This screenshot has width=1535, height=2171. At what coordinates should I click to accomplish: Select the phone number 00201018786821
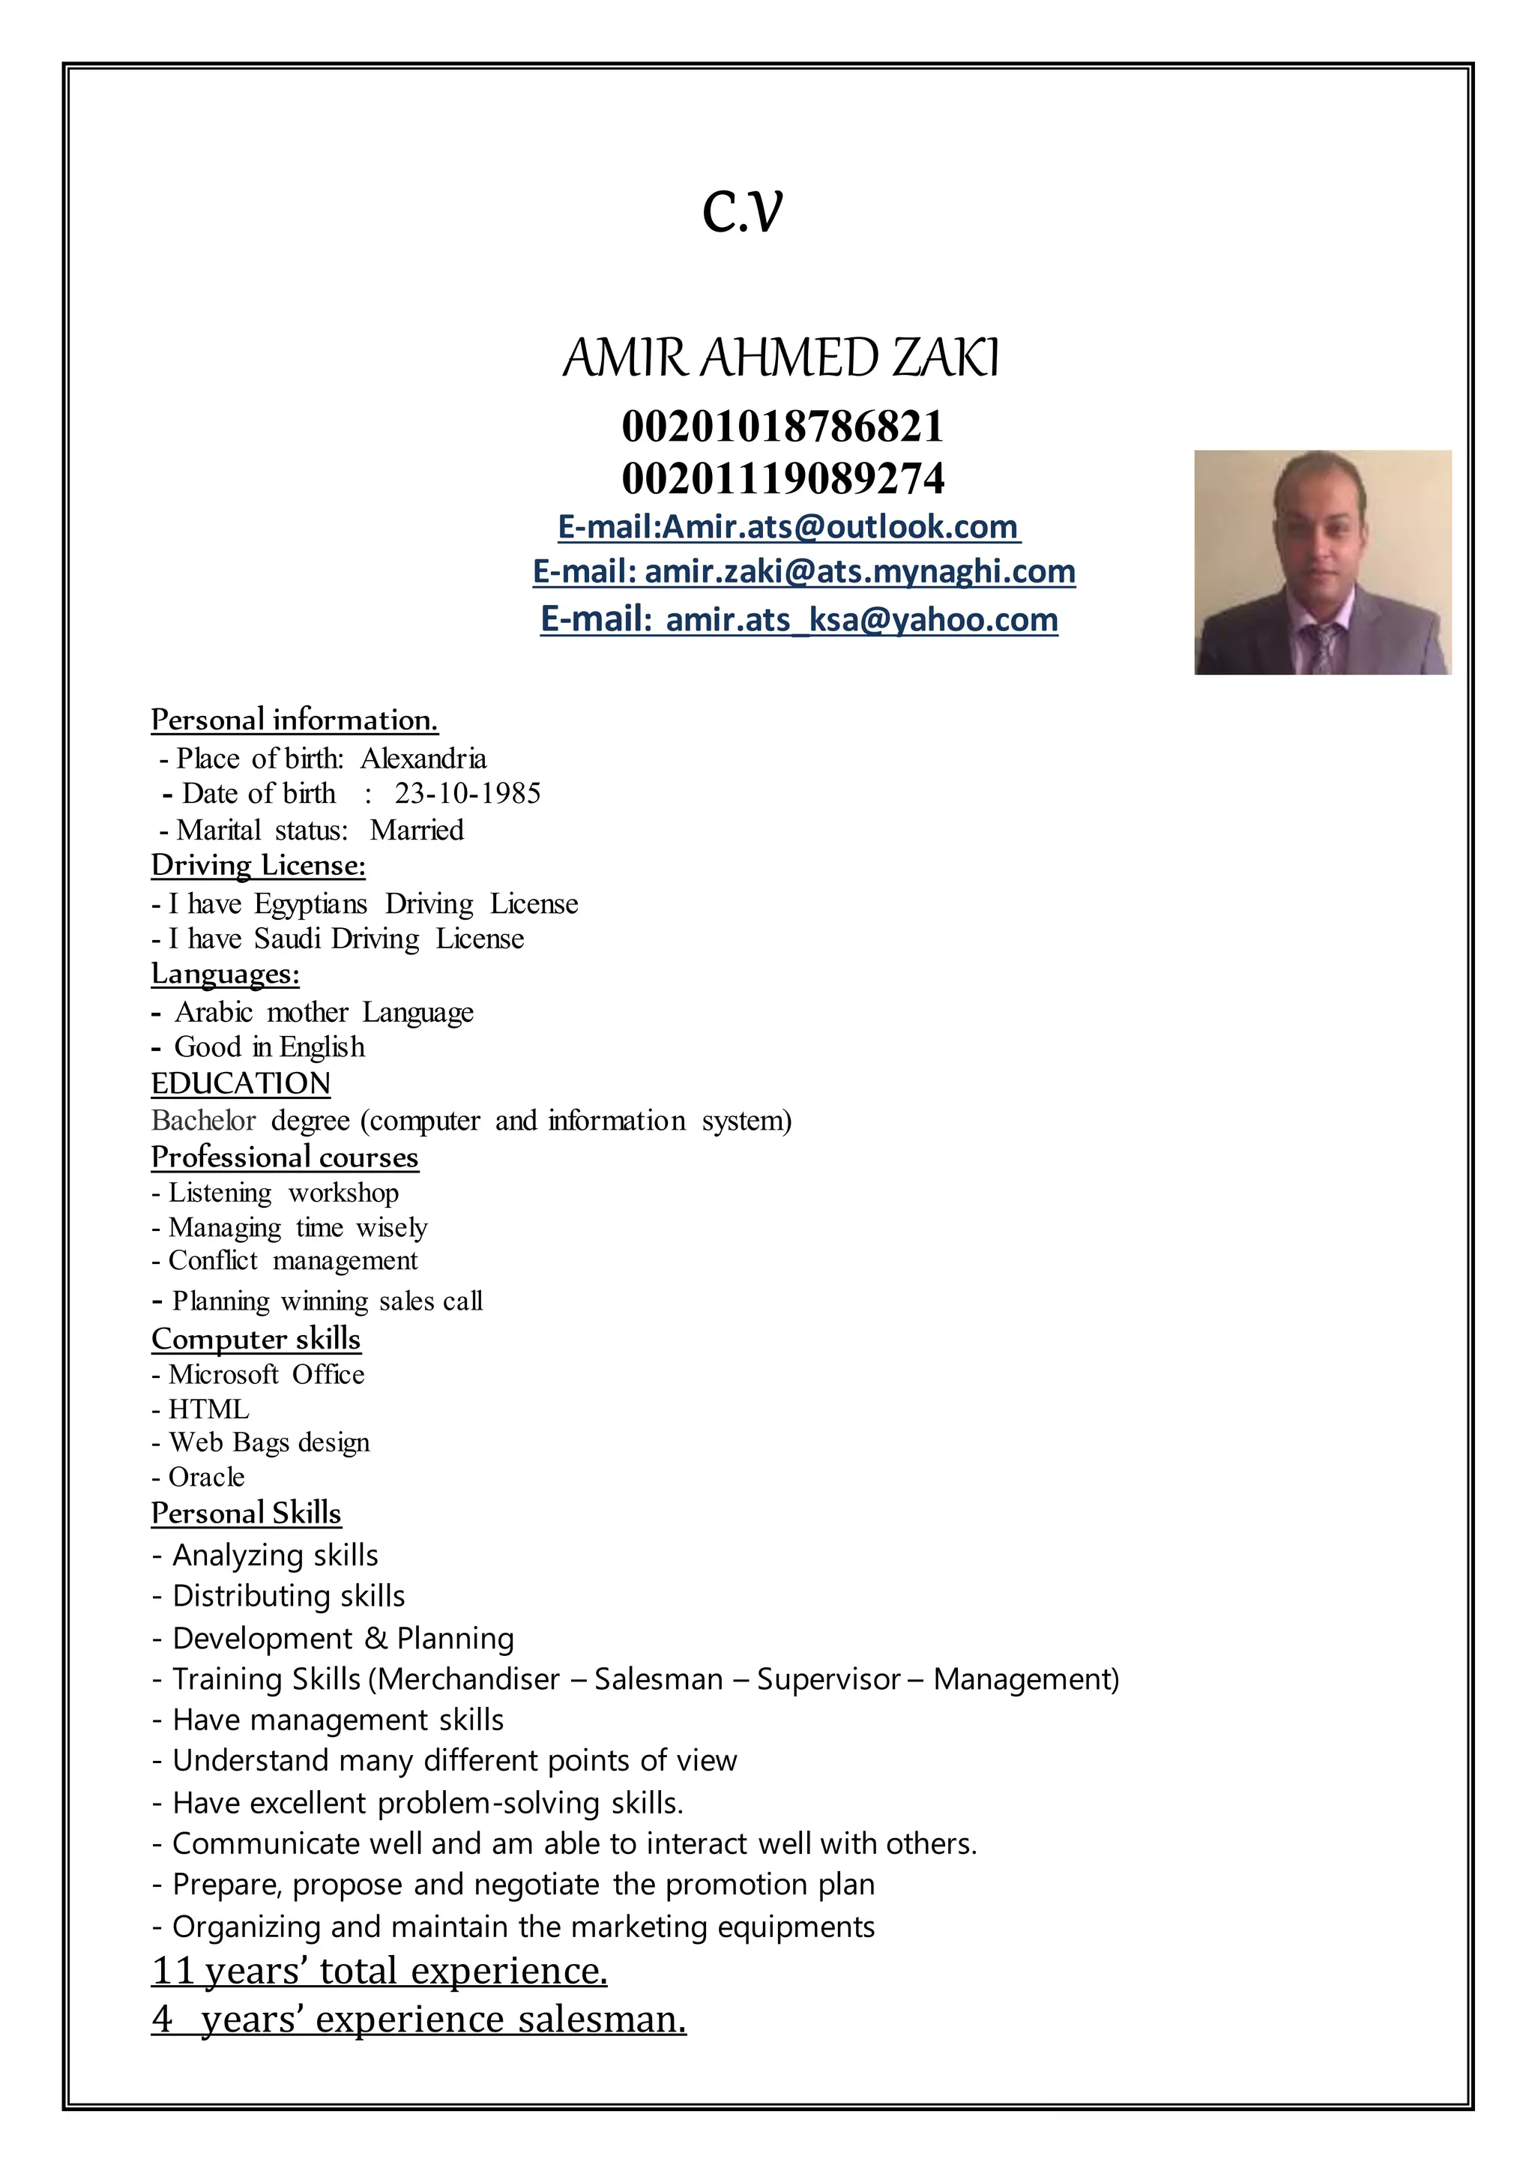point(782,427)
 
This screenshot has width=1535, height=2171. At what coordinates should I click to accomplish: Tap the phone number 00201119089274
point(782,478)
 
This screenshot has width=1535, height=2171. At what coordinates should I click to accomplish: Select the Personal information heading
point(294,720)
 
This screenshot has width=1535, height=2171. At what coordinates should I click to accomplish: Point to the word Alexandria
point(423,759)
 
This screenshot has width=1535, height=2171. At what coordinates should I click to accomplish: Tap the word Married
point(417,830)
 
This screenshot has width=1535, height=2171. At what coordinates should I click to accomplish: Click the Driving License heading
point(258,865)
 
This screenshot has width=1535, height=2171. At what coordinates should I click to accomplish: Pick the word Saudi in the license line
point(289,939)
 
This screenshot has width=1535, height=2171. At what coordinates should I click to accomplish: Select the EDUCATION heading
point(241,1083)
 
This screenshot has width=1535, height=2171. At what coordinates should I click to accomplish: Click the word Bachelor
point(203,1121)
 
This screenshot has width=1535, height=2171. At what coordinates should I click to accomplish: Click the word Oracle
point(206,1477)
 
